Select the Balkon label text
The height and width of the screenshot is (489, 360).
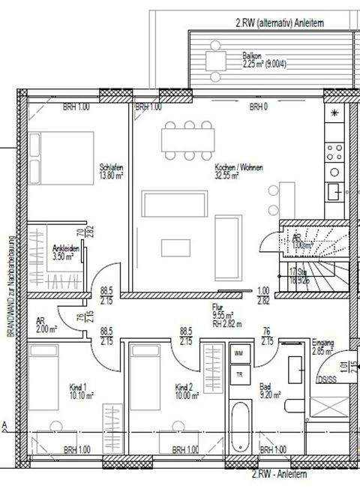pos(251,55)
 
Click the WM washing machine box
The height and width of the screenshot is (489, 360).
pos(239,352)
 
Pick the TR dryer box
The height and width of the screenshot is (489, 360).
pos(239,374)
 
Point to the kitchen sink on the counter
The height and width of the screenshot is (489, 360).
pos(334,193)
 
